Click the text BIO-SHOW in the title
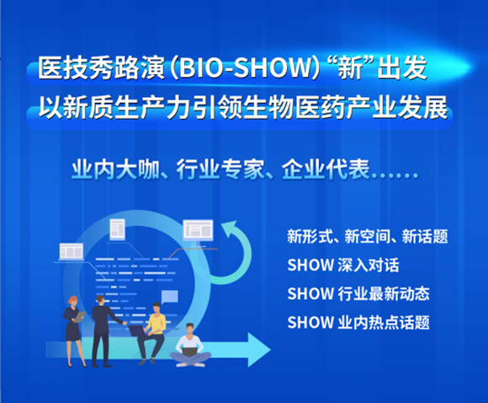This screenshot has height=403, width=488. (x=245, y=68)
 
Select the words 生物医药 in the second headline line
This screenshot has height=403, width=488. (x=294, y=108)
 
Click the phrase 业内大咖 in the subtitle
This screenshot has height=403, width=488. (x=115, y=170)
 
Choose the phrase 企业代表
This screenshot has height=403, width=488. (x=326, y=170)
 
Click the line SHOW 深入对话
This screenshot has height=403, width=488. (x=343, y=265)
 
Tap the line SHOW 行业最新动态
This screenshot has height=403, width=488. (x=358, y=294)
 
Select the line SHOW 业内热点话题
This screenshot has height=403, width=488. (x=358, y=323)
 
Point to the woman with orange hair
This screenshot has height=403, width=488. (x=74, y=331)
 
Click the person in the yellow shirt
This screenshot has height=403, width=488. (x=152, y=333)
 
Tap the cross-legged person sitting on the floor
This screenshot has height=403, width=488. (x=190, y=346)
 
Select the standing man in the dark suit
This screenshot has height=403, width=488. (x=104, y=331)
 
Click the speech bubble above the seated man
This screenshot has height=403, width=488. (x=170, y=297)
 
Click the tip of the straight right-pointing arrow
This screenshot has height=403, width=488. (x=270, y=350)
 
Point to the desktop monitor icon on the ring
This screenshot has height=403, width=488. (x=199, y=233)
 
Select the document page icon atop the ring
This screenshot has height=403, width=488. (x=117, y=229)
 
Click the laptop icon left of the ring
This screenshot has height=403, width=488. (x=72, y=252)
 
